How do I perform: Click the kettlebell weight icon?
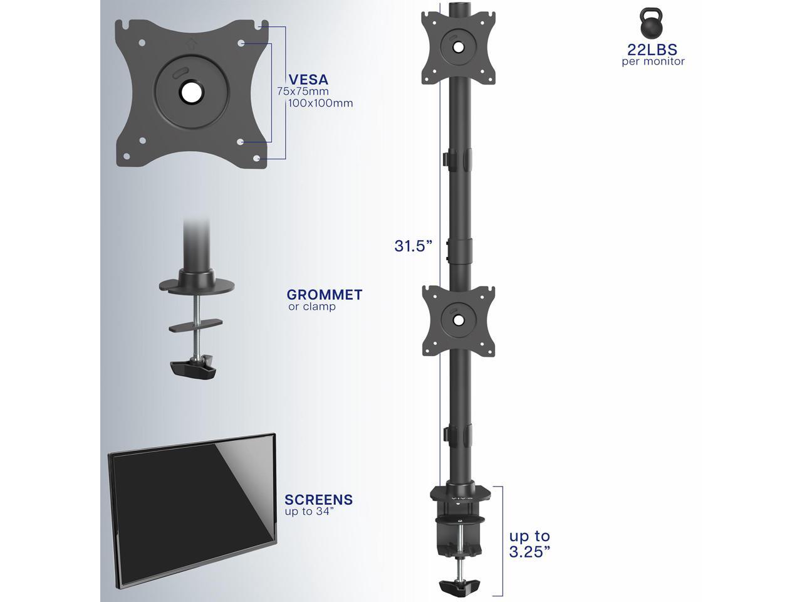click(651, 23)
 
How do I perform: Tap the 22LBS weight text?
click(652, 50)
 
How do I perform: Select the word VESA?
click(308, 80)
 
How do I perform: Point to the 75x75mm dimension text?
click(303, 92)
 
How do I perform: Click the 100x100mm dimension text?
click(320, 103)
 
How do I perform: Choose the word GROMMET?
click(325, 295)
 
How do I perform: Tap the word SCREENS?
click(319, 500)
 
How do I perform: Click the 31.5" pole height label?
click(414, 246)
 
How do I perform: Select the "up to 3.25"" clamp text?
click(530, 544)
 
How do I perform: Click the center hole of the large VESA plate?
click(192, 92)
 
